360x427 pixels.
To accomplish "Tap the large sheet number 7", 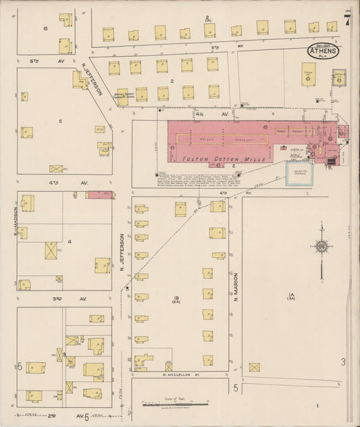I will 346,20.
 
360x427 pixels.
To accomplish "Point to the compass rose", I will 322,247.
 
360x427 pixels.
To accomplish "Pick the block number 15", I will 45,28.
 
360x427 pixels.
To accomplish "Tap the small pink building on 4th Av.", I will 100,195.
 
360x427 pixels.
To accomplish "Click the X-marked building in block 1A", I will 254,368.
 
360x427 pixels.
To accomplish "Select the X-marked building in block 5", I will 55,168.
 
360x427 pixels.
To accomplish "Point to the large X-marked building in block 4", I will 51,251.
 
